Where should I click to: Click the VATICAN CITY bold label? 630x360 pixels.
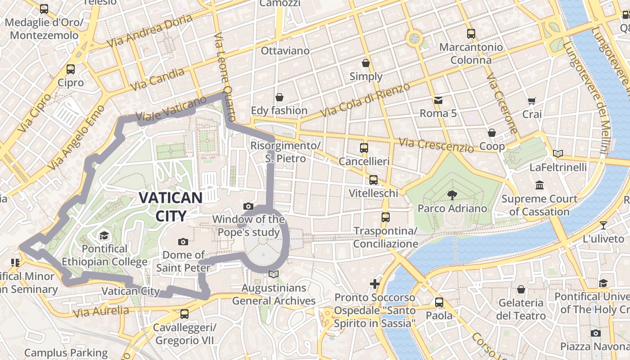(x=171, y=207)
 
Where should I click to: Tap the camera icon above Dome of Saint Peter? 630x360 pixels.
(x=183, y=242)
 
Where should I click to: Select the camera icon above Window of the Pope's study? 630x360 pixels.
(x=248, y=206)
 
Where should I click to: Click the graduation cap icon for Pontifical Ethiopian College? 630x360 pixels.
(x=104, y=236)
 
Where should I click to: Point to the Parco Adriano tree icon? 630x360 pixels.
(x=452, y=195)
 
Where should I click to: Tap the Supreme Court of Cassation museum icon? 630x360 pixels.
(x=539, y=185)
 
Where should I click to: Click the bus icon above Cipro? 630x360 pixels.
(x=71, y=69)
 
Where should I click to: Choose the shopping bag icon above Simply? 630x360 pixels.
(x=366, y=63)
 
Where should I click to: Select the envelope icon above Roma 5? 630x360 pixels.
(x=438, y=100)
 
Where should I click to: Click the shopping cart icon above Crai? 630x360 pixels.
(x=532, y=101)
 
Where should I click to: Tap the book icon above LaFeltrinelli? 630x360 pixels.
(x=558, y=154)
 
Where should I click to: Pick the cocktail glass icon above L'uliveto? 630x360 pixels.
(x=603, y=225)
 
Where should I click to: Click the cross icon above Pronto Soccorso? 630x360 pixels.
(x=374, y=283)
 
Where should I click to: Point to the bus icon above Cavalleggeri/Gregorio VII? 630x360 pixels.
(x=184, y=314)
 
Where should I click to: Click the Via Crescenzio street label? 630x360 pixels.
(x=436, y=144)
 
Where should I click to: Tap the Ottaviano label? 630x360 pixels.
(x=285, y=50)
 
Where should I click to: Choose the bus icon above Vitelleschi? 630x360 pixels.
(x=373, y=180)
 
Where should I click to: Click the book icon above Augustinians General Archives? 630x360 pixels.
(x=273, y=274)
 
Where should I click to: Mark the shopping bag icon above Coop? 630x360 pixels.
(x=492, y=133)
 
